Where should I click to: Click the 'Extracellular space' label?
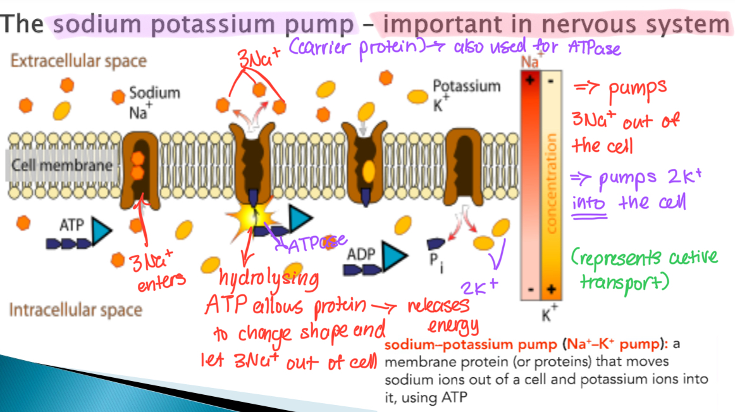pyautogui.click(x=78, y=61)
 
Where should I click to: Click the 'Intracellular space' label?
pyautogui.click(x=75, y=310)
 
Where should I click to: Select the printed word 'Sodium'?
pyautogui.click(x=154, y=93)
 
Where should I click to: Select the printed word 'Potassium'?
pyautogui.click(x=466, y=86)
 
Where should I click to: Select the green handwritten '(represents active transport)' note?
pyautogui.click(x=643, y=270)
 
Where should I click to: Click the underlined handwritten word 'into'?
pyautogui.click(x=589, y=204)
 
